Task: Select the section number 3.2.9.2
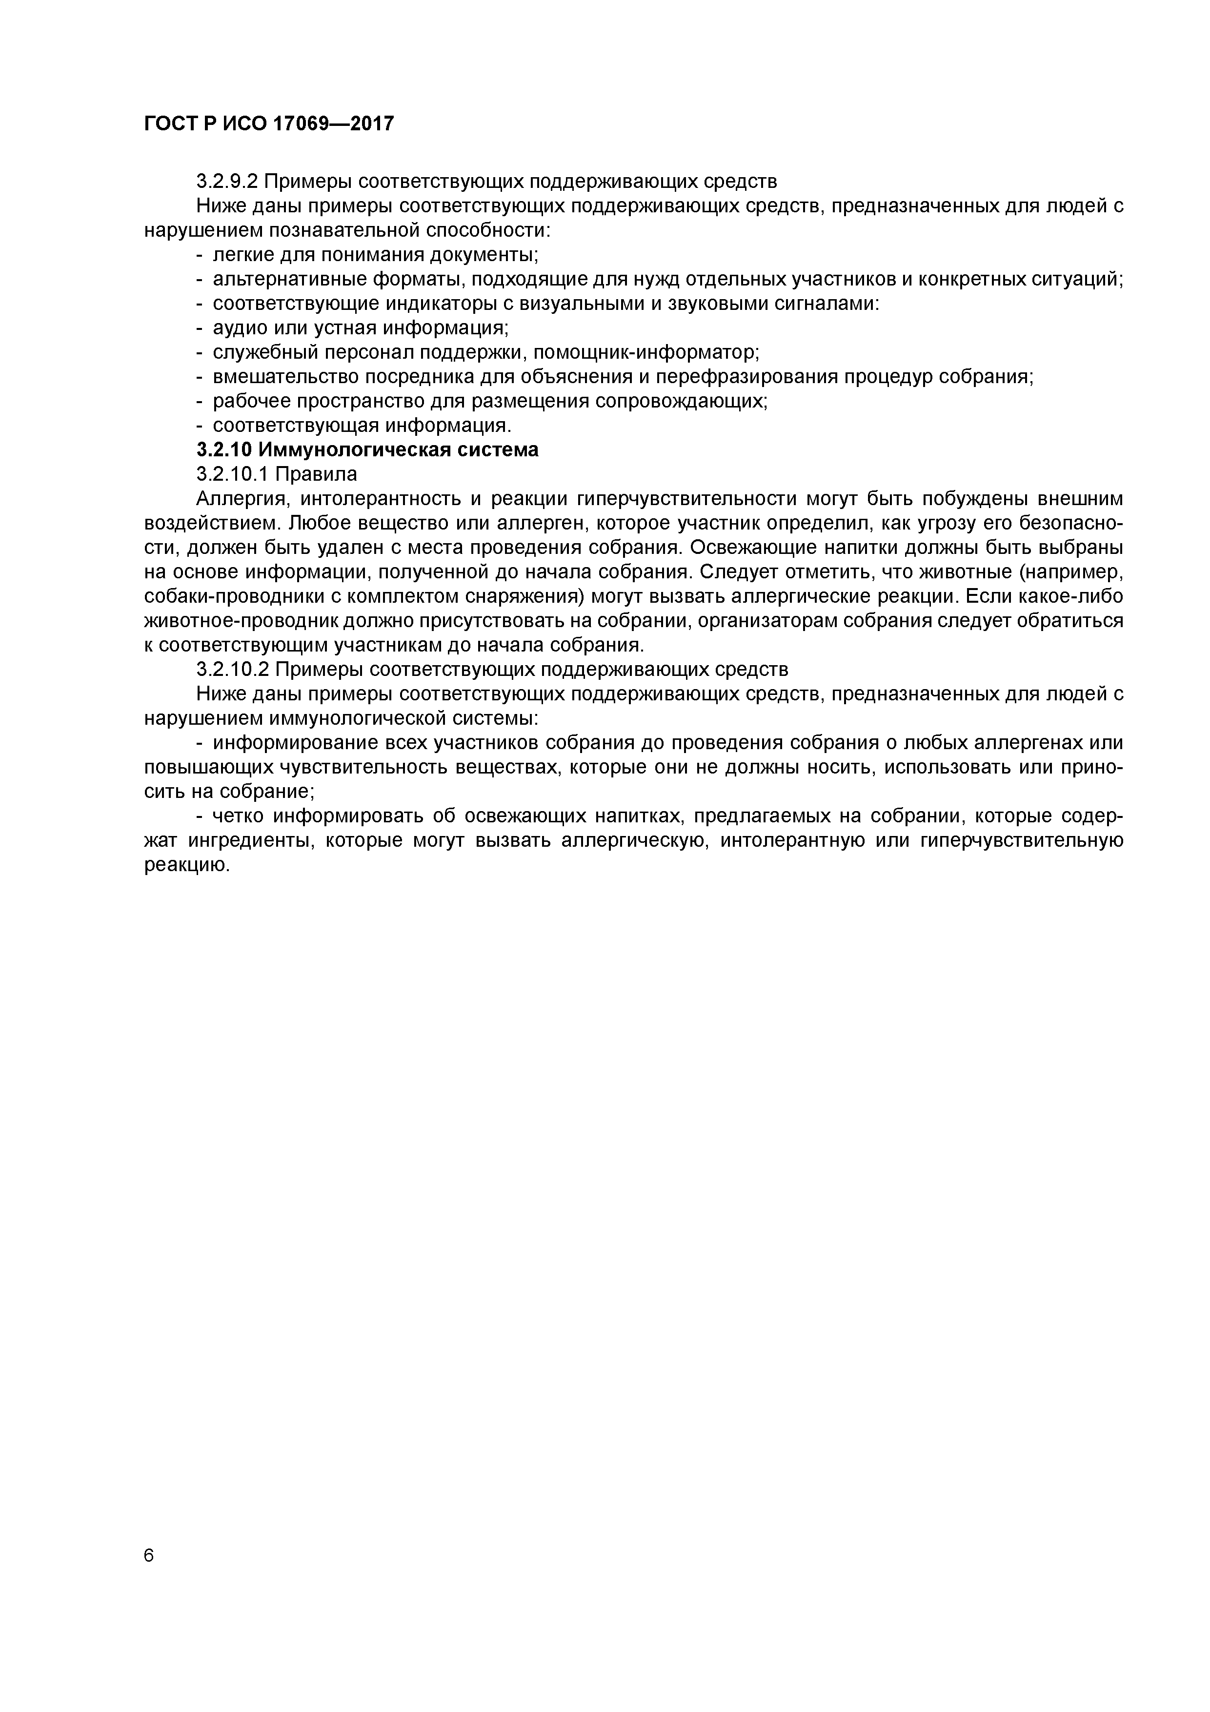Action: point(227,181)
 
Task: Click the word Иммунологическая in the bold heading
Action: point(348,449)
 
